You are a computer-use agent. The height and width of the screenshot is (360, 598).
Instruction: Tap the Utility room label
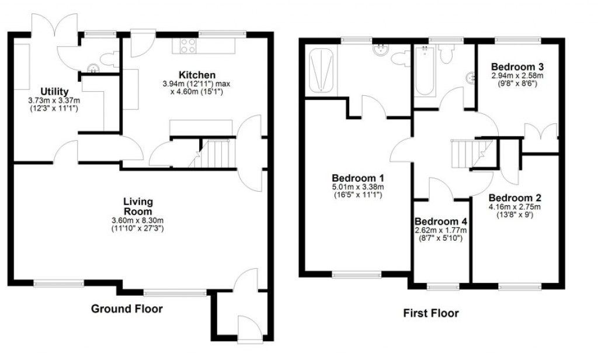coord(55,91)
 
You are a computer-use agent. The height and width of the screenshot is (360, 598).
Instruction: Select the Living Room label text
coord(138,206)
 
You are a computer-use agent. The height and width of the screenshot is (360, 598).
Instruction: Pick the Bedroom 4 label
coord(441,221)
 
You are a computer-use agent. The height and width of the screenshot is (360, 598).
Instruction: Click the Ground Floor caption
coord(127,309)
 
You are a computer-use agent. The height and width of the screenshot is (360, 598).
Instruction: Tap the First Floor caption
coord(431,313)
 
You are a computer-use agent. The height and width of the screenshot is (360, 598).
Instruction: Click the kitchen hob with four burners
coord(188,46)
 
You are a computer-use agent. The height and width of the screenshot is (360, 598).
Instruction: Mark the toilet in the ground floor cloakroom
coord(109,58)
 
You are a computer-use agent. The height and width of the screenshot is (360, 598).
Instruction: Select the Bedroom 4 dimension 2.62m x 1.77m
coord(441,233)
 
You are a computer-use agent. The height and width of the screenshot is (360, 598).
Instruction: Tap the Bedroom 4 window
coord(441,286)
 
